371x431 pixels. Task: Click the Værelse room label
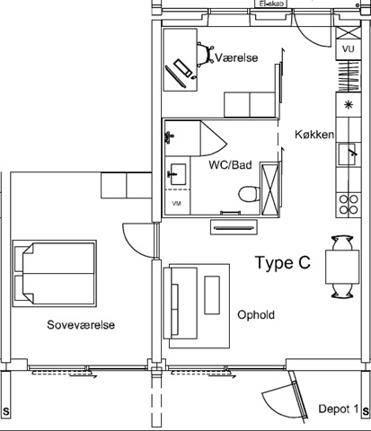coord(236,57)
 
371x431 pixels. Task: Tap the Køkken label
coord(314,135)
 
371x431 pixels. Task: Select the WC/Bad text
coord(230,165)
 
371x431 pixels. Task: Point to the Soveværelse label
coord(81,325)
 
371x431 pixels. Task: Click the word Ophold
coord(256,315)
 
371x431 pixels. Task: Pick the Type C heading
coord(283,263)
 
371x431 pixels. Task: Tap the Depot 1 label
coord(339,409)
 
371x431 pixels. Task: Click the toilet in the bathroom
coord(249,194)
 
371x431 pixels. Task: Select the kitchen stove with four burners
coord(349,206)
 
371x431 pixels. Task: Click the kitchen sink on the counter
coord(348,154)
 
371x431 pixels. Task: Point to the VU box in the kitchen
coord(349,48)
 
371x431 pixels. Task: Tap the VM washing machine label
coord(177,204)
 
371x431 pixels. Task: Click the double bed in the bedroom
coord(54,273)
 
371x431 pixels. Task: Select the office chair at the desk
coord(205,55)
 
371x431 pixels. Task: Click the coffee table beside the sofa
coord(212,295)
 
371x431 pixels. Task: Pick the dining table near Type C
coord(342,267)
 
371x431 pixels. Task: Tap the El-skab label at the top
coord(270,4)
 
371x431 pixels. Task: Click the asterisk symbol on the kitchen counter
coord(348,105)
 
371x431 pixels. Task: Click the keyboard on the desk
coord(183,68)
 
